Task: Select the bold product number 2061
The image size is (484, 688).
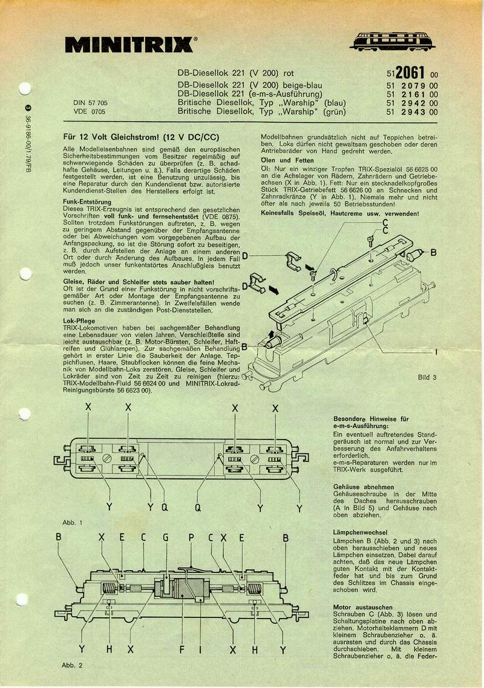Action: tap(411, 72)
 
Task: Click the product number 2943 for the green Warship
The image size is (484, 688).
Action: tap(411, 112)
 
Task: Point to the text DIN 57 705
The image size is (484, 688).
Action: tap(89, 103)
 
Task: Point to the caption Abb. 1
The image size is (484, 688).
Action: tap(72, 522)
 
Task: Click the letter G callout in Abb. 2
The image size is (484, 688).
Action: tap(165, 536)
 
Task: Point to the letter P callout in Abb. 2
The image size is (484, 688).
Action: tap(191, 536)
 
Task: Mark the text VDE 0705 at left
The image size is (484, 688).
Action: tap(90, 112)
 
